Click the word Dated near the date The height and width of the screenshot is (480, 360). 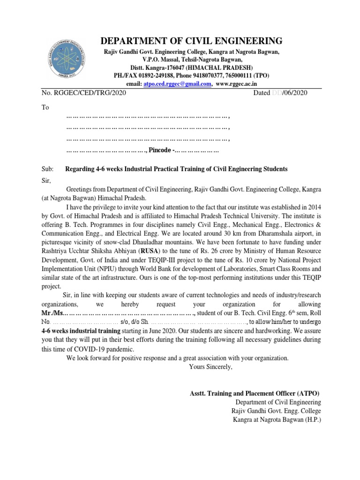(262, 93)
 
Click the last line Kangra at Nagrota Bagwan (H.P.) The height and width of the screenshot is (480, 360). (277, 419)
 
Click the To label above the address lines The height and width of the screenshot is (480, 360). (45, 107)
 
